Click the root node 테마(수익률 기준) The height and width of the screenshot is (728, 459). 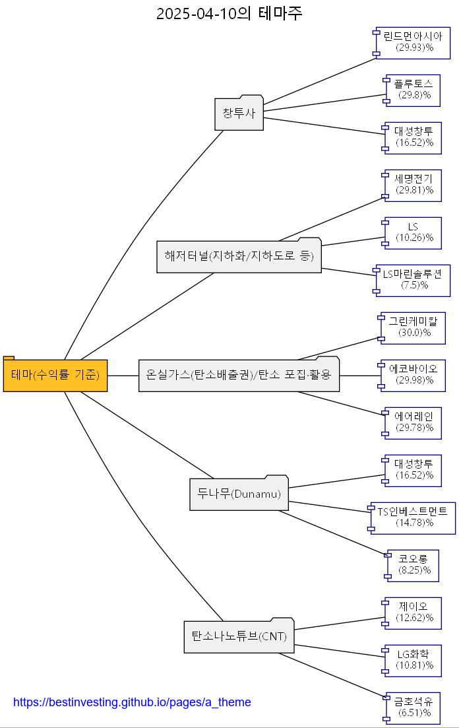[x=55, y=375]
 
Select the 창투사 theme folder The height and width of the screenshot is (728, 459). [x=239, y=114]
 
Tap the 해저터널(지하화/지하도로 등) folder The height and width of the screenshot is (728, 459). [x=239, y=256]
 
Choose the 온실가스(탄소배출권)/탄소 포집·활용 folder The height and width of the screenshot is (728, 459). [x=239, y=375]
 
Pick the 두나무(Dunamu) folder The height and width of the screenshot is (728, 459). [x=239, y=494]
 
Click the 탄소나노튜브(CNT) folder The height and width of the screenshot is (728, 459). [x=239, y=636]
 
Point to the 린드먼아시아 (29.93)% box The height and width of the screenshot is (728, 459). [x=413, y=42]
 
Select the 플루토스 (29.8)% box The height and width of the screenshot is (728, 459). [x=413, y=90]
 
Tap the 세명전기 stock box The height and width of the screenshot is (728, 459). [x=413, y=185]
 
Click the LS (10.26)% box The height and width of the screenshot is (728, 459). [x=413, y=232]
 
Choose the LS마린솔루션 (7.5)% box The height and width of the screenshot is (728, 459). [x=413, y=280]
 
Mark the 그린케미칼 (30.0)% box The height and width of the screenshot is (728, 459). [x=413, y=327]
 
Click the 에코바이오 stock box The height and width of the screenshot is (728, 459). [x=413, y=375]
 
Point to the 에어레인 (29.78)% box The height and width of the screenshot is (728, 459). [x=413, y=422]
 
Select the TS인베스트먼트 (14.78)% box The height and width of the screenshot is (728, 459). [x=413, y=517]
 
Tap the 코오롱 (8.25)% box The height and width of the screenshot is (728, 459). [x=413, y=565]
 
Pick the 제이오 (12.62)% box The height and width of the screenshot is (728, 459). [x=413, y=612]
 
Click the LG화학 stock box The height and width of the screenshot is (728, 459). [x=413, y=660]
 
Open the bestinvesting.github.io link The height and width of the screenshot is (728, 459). [x=132, y=702]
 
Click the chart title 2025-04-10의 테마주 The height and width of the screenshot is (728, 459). [x=229, y=13]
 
